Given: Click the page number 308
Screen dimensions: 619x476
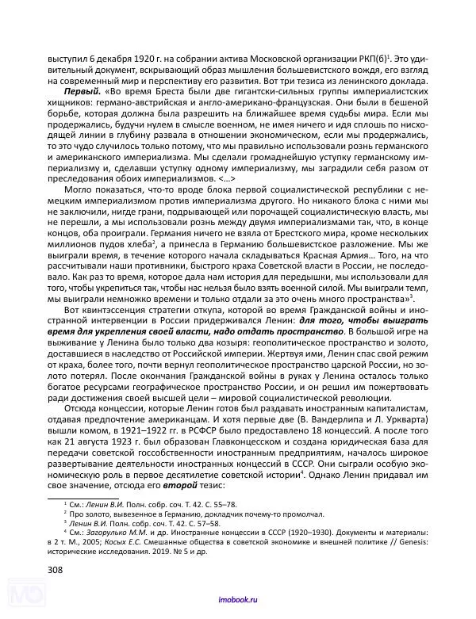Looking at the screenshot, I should tap(57, 570).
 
